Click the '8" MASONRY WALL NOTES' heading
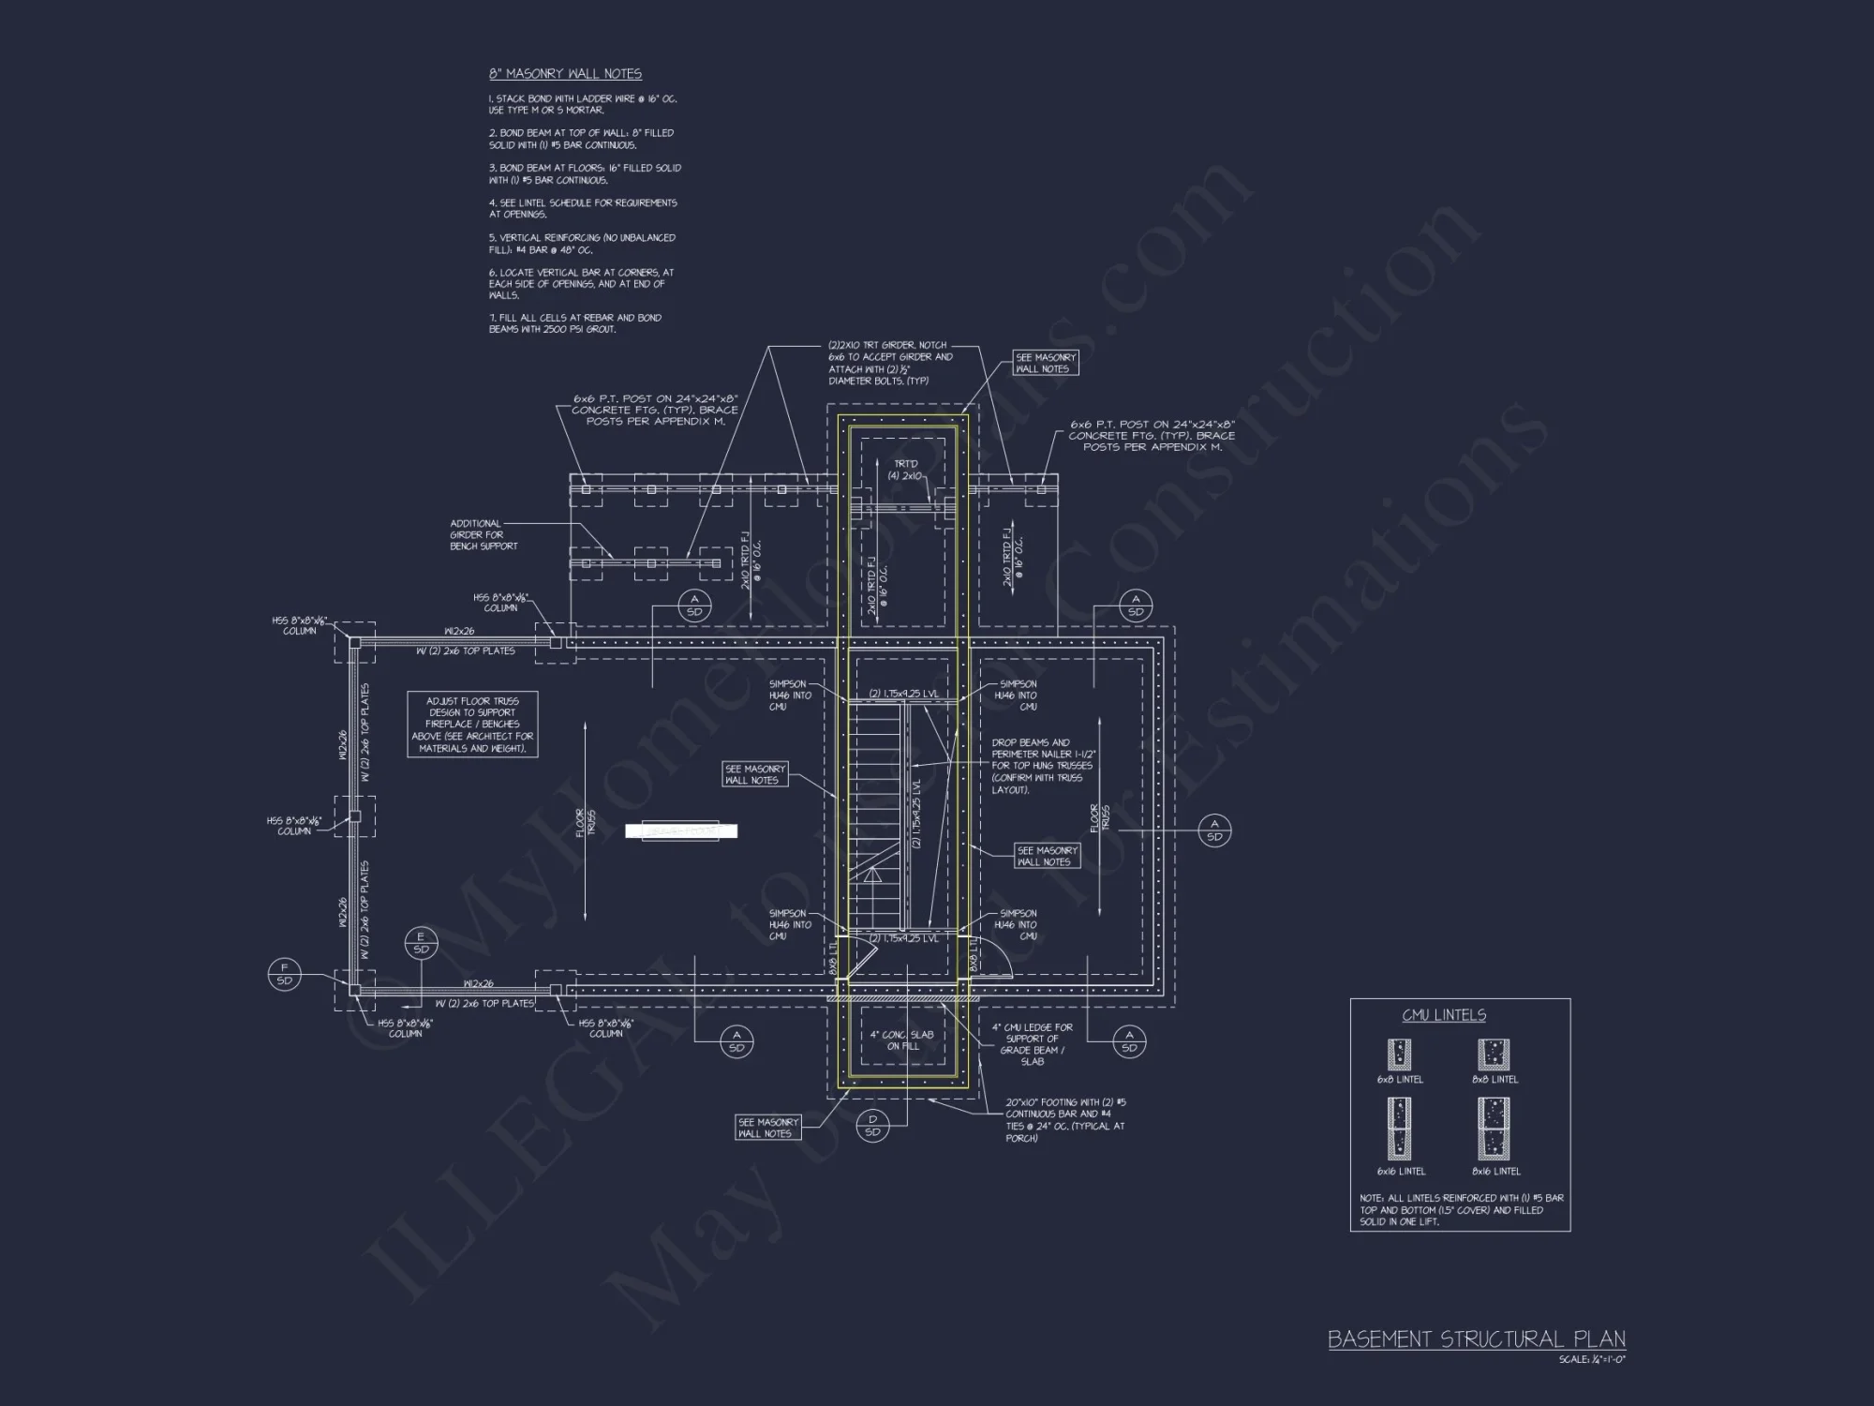(x=565, y=74)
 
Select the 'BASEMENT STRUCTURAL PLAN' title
(x=1476, y=1339)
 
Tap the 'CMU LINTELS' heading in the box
(x=1443, y=1015)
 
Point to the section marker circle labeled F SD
(x=285, y=974)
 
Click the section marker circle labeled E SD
(x=421, y=943)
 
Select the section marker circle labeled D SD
(x=872, y=1126)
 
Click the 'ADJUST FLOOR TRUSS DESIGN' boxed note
(x=472, y=725)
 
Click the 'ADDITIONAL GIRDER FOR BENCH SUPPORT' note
(x=483, y=535)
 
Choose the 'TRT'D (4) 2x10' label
(x=905, y=470)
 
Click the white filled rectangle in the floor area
(x=681, y=830)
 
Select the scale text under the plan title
(x=1591, y=1359)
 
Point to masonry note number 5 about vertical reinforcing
(x=581, y=244)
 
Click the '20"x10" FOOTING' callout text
(x=1064, y=1120)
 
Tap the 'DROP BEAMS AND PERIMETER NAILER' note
(x=1043, y=766)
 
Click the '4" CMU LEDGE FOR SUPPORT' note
(x=1032, y=1044)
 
